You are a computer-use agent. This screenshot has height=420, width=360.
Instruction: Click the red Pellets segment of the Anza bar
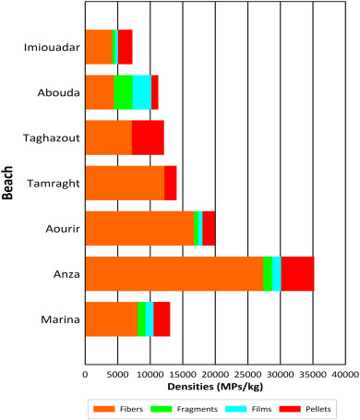coord(297,274)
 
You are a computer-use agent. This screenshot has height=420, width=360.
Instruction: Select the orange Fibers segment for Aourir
coord(139,229)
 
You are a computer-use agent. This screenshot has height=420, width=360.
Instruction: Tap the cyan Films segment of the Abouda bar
coord(141,92)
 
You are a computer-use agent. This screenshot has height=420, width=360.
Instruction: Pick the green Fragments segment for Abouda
coord(123,92)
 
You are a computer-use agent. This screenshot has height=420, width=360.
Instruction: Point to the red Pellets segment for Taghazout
coord(148,138)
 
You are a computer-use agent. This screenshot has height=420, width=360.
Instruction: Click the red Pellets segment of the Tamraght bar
coord(170,183)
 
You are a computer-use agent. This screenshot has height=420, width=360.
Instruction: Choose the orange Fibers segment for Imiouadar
coord(98,46)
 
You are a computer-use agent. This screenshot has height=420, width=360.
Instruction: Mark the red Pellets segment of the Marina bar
coord(162,319)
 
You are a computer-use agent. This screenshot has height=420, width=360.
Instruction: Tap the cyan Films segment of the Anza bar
coord(276,274)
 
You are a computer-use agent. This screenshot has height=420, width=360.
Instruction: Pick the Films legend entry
coord(242,407)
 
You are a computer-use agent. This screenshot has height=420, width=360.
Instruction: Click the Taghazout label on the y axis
coord(53,138)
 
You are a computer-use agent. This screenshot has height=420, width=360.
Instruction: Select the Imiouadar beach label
coord(52,46)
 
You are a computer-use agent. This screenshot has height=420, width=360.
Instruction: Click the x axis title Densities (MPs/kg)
coord(214,388)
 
